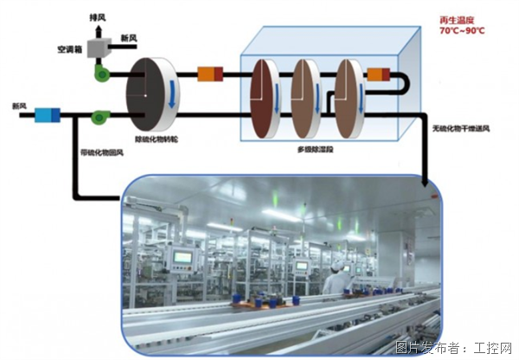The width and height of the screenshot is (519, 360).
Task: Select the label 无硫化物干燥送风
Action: click(x=463, y=129)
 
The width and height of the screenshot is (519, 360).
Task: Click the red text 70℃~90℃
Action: click(x=463, y=31)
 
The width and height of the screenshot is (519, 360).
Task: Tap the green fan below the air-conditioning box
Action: click(x=103, y=73)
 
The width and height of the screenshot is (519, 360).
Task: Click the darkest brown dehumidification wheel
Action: click(x=264, y=94)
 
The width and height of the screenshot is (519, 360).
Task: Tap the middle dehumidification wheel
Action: click(x=304, y=94)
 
